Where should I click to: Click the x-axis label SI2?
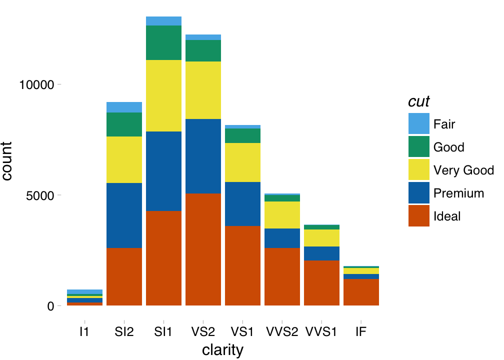tap(124, 331)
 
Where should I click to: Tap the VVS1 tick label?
tap(321, 331)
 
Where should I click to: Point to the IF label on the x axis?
tap(360, 331)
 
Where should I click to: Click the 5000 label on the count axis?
tap(39, 195)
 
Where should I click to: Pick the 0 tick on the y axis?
tap(50, 306)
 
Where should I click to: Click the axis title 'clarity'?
tap(222, 350)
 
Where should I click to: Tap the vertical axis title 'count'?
tap(8, 161)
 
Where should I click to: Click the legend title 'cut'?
tap(419, 101)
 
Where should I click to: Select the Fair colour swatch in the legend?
tap(418, 123)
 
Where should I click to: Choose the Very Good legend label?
tap(463, 170)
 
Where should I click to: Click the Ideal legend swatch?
tap(418, 216)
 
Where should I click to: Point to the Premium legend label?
tap(458, 193)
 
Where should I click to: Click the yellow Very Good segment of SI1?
tap(163, 95)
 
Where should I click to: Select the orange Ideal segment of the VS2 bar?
tap(203, 249)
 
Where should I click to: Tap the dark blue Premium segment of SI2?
tap(124, 215)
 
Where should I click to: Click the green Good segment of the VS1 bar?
tap(242, 135)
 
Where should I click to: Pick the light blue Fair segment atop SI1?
tap(163, 21)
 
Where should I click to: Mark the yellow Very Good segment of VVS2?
tap(282, 215)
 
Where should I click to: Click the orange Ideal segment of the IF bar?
tap(360, 292)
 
